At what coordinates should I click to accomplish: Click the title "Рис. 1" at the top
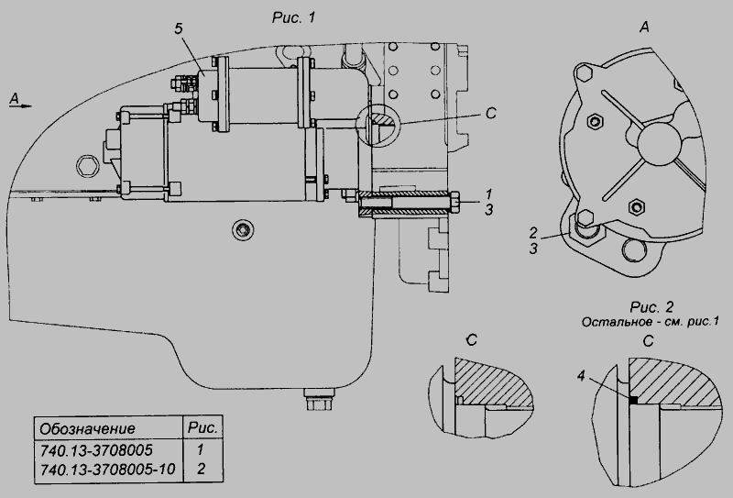coord(293,17)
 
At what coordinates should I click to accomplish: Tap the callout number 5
coord(179,29)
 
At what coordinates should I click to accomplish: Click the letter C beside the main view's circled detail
coord(490,114)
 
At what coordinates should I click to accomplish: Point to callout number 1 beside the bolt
coord(488,194)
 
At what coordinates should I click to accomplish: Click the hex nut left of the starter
coord(87,165)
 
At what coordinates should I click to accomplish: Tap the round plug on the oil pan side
coord(243,229)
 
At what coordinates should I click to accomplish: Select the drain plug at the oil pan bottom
coord(319,399)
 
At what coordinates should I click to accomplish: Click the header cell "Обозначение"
coord(87,428)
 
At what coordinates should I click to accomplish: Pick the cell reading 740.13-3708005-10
coord(107,469)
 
